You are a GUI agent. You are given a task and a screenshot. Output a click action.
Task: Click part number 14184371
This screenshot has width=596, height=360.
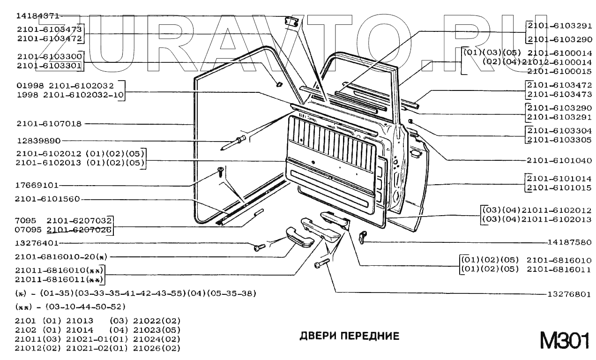(x=37, y=15)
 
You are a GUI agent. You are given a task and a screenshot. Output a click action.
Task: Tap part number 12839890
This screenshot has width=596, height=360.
(x=38, y=141)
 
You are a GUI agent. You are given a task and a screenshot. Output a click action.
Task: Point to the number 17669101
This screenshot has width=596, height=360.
(x=37, y=185)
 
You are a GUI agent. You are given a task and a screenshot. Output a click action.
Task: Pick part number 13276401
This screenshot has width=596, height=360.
(x=37, y=243)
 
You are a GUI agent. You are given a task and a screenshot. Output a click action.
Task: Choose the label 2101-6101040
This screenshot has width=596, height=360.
(x=559, y=160)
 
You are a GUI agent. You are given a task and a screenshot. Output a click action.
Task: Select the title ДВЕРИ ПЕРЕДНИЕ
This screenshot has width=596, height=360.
(x=349, y=336)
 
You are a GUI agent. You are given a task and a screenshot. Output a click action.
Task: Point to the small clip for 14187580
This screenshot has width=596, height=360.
(x=362, y=237)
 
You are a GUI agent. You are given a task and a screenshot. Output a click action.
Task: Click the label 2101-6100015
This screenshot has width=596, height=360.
(x=559, y=71)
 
